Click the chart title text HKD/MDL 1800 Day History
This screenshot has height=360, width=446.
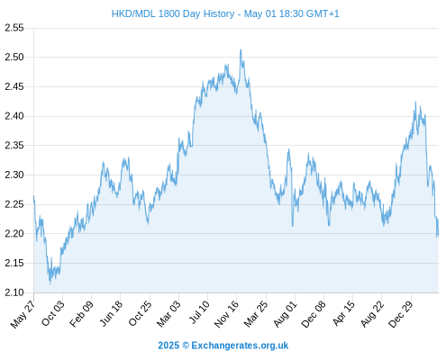click(x=173, y=13)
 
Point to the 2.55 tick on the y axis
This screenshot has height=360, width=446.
click(x=14, y=28)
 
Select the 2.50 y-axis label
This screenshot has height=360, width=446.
click(x=14, y=57)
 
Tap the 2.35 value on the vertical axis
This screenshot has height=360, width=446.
click(x=14, y=146)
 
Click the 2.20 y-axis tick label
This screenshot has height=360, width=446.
click(x=14, y=234)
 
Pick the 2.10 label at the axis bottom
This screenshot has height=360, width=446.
click(x=14, y=292)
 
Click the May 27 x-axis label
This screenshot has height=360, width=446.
click(x=23, y=314)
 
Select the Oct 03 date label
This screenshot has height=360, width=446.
click(x=53, y=313)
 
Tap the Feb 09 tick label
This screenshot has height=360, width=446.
click(x=81, y=313)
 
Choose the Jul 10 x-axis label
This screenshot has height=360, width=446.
click(x=199, y=312)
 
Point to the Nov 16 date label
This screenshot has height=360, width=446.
click(x=226, y=314)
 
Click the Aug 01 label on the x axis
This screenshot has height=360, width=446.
click(x=285, y=313)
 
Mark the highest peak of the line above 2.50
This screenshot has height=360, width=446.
click(x=241, y=49)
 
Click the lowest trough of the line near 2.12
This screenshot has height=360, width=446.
click(x=50, y=283)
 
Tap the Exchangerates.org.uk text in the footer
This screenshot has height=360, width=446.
click(x=240, y=346)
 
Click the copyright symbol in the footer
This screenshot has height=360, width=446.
click(x=186, y=346)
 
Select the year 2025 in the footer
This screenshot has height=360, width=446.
click(x=168, y=346)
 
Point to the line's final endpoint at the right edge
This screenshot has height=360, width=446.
click(x=438, y=235)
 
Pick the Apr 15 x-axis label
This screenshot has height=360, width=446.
click(x=343, y=313)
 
